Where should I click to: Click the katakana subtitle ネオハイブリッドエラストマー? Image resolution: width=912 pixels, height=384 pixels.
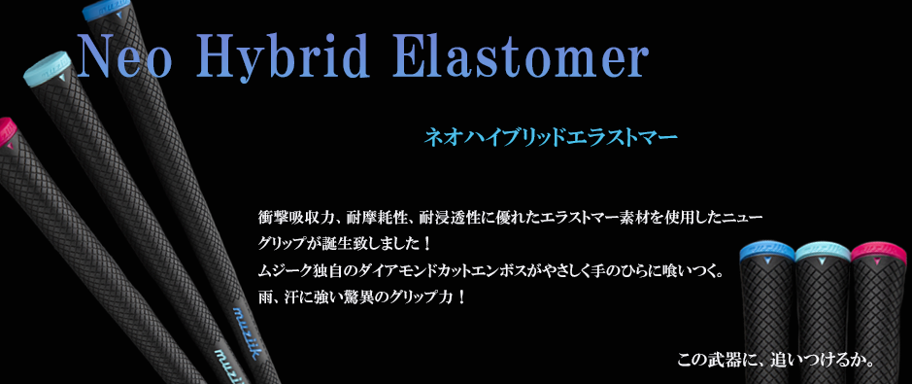[551, 138]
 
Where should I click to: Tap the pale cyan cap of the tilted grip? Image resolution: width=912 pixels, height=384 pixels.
[48, 68]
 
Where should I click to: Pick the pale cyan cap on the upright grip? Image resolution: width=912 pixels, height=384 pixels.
[822, 251]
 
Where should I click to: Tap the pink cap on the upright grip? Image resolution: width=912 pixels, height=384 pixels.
[878, 251]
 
